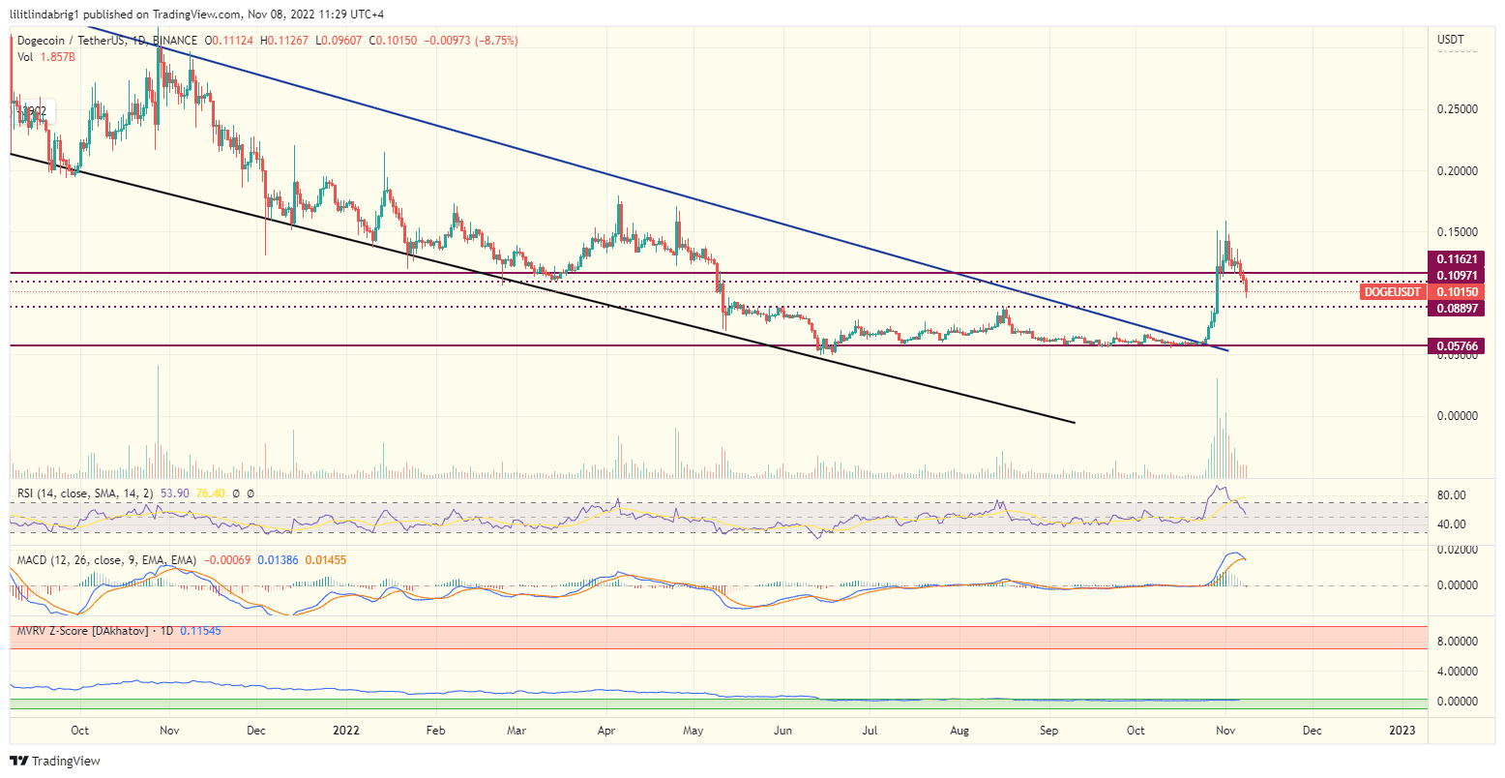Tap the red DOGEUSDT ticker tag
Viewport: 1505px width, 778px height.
[x=1393, y=291]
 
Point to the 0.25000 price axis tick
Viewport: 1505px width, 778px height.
[x=1459, y=109]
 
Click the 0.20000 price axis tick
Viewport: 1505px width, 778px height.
[x=1459, y=171]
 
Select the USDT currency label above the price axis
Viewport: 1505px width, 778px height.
[x=1451, y=40]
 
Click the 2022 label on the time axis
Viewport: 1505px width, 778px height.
[x=345, y=730]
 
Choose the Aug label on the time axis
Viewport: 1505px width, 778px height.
[x=959, y=730]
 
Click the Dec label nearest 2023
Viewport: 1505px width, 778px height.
[x=1312, y=730]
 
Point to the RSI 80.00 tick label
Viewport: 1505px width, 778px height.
[x=1453, y=495]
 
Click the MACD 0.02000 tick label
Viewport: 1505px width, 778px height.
[x=1459, y=549]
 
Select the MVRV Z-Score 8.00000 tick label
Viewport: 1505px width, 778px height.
[x=1459, y=641]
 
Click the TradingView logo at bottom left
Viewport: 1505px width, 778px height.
[x=55, y=762]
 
